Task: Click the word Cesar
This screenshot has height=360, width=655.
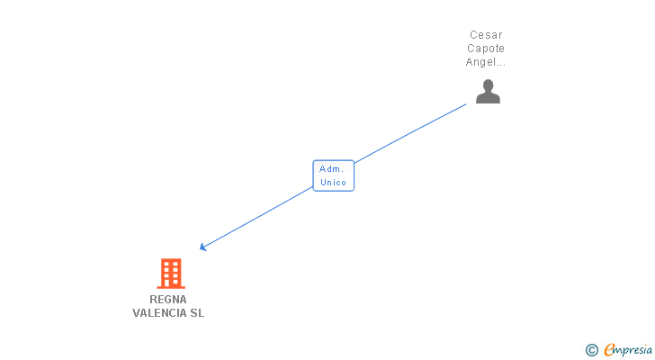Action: [x=486, y=35]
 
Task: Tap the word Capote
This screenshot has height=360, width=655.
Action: [x=486, y=49]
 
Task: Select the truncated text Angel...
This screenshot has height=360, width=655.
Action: [x=486, y=62]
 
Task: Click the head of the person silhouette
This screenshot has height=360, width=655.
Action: [x=488, y=85]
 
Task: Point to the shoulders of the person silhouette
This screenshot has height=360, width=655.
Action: [x=488, y=98]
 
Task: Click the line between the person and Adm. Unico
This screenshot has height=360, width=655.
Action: [x=410, y=133]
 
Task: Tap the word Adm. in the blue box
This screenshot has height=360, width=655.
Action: [x=331, y=169]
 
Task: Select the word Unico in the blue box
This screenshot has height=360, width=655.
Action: [x=333, y=183]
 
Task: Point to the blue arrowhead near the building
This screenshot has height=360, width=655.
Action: [x=203, y=247]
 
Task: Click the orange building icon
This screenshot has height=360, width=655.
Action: [x=171, y=274]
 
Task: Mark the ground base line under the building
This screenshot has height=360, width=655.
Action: [x=171, y=287]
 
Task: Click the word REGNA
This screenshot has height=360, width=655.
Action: [x=168, y=300]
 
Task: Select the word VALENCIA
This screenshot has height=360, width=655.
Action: [x=159, y=313]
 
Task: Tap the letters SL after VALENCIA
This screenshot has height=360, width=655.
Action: [x=197, y=313]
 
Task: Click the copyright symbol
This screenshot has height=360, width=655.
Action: [x=591, y=350]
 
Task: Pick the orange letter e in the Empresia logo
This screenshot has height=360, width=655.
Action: [x=609, y=349]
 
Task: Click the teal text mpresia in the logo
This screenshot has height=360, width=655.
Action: [x=633, y=350]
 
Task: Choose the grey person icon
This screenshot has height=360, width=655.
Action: [x=488, y=92]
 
